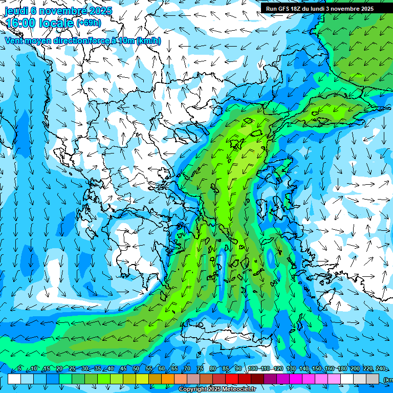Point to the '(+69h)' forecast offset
point(88,23)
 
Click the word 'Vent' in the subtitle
point(14,41)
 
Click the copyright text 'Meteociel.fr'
point(237,389)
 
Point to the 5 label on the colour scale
point(19,369)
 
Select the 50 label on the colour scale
point(136,369)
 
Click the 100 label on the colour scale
point(252,369)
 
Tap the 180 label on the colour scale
point(342,369)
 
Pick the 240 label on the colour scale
point(380,369)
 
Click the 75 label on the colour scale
point(200,369)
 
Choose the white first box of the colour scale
point(14,379)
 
